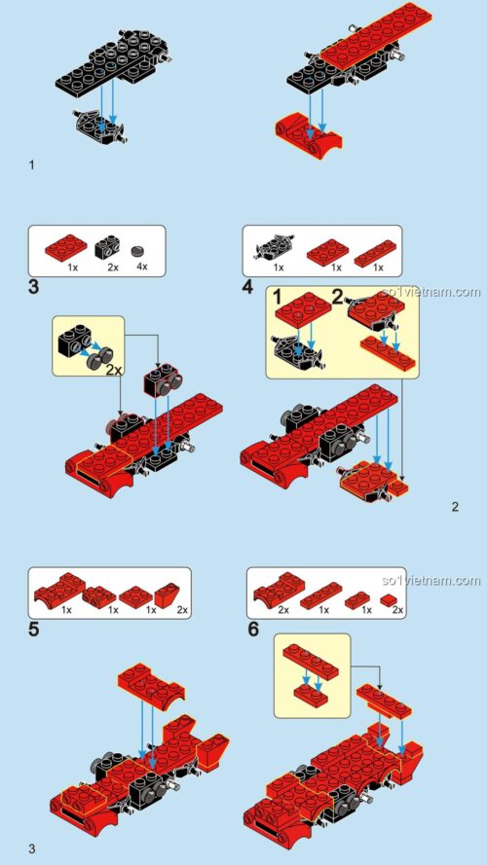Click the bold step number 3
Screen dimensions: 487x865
(34, 287)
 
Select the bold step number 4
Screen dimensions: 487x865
(247, 287)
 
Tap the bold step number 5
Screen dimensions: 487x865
(34, 630)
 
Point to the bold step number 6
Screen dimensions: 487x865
(253, 630)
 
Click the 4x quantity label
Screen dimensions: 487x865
(142, 267)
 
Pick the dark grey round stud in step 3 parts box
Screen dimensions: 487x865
(138, 252)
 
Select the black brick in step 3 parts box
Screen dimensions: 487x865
(109, 248)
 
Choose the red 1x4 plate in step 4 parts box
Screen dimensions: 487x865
(375, 253)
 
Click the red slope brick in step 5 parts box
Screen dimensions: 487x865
(168, 595)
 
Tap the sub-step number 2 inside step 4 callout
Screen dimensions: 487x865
(337, 298)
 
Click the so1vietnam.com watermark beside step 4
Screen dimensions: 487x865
(431, 291)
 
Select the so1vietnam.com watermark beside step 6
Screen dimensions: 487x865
(431, 580)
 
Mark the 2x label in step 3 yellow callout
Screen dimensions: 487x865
(114, 369)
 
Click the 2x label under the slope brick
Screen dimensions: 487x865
(182, 610)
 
